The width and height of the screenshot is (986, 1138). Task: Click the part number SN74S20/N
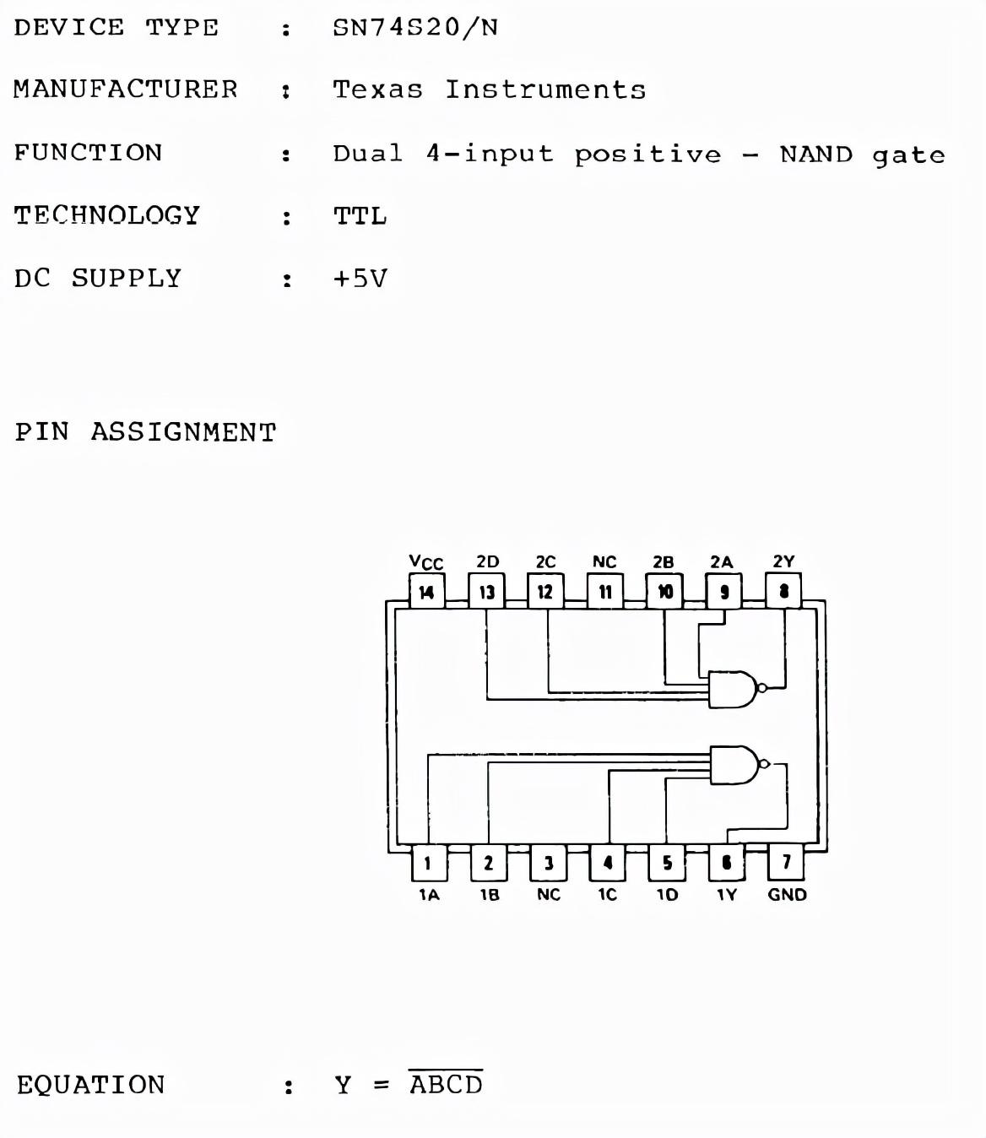coord(415,28)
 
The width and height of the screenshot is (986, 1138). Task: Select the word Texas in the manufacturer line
coord(377,89)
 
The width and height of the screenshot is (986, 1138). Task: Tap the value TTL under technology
coord(360,216)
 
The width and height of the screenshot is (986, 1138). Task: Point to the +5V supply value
coord(360,279)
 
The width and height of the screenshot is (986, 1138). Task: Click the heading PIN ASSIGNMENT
coord(145,432)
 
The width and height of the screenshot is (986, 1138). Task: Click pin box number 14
coord(426,592)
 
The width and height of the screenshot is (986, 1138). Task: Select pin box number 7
coord(786,862)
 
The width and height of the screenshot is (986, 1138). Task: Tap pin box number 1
coord(428,863)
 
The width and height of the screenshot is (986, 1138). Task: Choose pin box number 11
coord(605,592)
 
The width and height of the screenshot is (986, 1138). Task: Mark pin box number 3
coord(549,863)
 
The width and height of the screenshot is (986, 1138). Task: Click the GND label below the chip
coord(787,895)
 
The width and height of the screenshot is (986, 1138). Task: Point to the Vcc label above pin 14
coord(425,562)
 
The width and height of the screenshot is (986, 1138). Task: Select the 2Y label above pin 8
coord(783,561)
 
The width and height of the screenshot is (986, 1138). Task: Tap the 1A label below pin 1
coord(429,895)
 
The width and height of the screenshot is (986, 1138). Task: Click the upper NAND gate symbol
coord(732,689)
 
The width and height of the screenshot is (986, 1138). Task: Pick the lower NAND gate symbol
coord(734,765)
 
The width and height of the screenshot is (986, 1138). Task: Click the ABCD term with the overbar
coord(446,1084)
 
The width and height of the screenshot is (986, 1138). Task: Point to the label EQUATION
coord(91,1085)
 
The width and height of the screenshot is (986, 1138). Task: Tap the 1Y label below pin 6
coord(726,895)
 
